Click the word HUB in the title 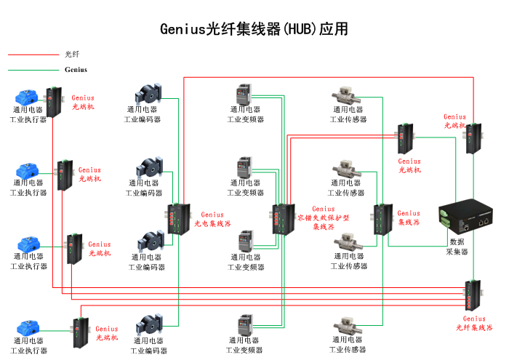(299, 30)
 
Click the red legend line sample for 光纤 (33, 54)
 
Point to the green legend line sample (33, 70)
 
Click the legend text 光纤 (72, 54)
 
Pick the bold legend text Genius (76, 70)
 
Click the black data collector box (466, 217)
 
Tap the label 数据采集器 (457, 247)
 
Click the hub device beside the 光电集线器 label (177, 218)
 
